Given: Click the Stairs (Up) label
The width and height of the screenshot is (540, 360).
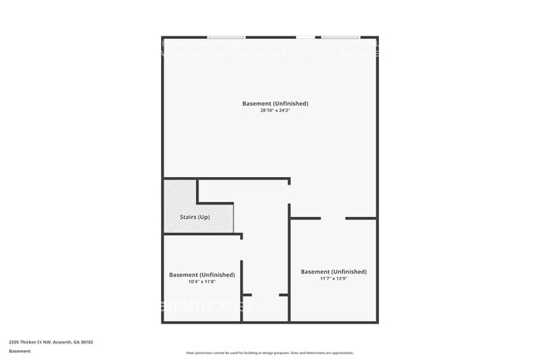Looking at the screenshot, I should click(x=195, y=217).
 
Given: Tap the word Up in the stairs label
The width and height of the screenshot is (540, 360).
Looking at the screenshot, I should click(x=204, y=217).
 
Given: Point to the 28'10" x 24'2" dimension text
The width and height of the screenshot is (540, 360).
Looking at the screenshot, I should click(x=275, y=111).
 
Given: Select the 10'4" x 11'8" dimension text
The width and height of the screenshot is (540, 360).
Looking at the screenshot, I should click(x=201, y=282).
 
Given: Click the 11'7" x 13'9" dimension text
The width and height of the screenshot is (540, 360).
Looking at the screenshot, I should click(x=333, y=279).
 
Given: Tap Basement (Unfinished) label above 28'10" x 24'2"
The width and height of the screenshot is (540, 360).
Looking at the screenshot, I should click(x=275, y=103).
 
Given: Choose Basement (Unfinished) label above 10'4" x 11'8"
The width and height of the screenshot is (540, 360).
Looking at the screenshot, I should click(x=202, y=274).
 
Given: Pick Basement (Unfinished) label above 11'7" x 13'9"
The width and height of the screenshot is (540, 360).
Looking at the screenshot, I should click(x=333, y=271).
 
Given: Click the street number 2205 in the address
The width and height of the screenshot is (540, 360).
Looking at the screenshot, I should click(x=14, y=342).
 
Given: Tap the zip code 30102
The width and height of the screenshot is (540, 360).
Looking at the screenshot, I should click(x=86, y=342).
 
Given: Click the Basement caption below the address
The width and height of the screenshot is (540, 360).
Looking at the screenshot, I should click(x=20, y=351).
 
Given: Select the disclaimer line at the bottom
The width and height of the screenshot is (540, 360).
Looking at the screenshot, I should click(x=270, y=353).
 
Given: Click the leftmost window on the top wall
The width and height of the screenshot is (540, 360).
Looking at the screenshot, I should click(x=226, y=37).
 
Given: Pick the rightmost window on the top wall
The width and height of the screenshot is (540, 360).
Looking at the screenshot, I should click(x=341, y=37).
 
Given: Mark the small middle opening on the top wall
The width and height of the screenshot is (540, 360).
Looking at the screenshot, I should click(x=306, y=37).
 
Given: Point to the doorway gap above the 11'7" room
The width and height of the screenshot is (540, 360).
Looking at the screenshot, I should click(x=332, y=218).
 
